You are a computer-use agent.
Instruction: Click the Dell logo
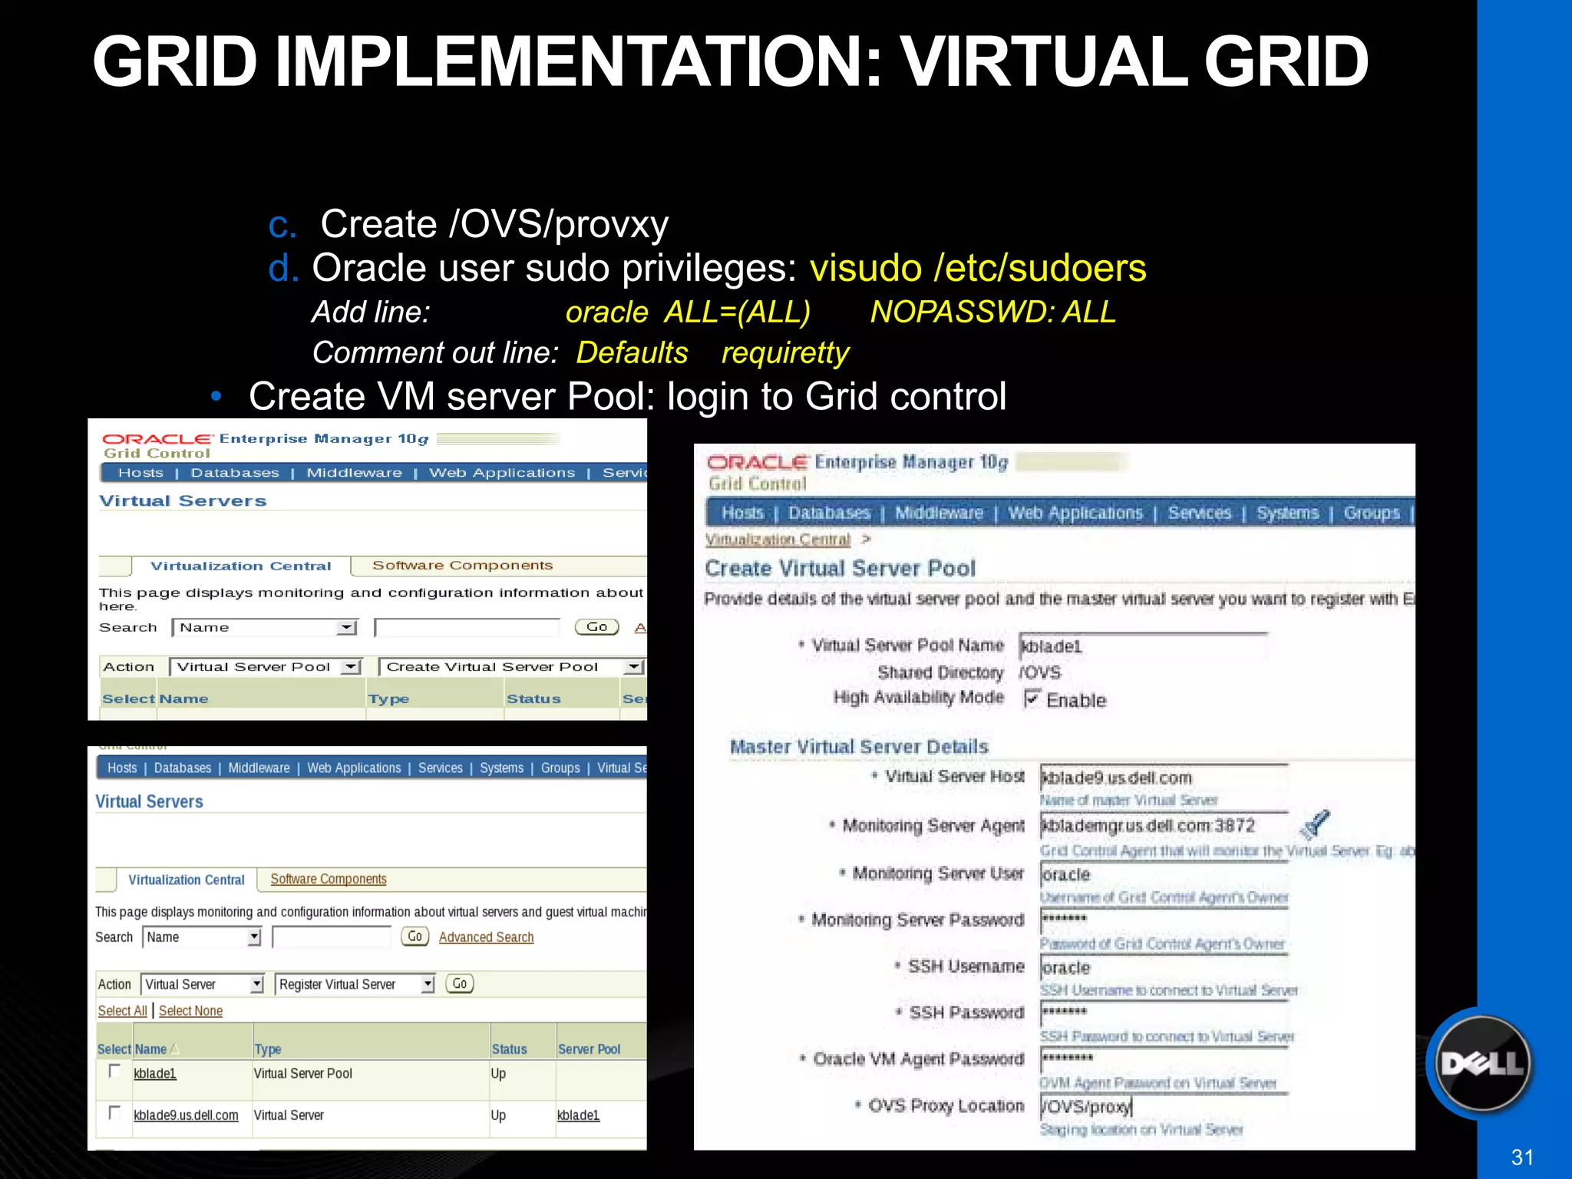[1481, 1064]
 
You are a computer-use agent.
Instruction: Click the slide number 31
[1521, 1158]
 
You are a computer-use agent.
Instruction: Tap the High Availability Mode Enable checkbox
[1032, 698]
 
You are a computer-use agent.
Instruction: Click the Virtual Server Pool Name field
[1142, 646]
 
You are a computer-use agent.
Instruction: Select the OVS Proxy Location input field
[1163, 1106]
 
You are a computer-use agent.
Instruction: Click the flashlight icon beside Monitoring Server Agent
[1315, 824]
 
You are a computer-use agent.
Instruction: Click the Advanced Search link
[486, 937]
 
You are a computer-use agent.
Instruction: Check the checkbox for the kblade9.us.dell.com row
[114, 1112]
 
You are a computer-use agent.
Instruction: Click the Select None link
[190, 1011]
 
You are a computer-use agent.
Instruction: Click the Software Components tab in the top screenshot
[462, 566]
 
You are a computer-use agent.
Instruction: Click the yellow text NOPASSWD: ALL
[992, 312]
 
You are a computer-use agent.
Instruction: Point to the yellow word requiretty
[784, 353]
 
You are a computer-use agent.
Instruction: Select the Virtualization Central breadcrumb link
[778, 540]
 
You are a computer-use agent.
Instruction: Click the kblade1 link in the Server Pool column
[578, 1115]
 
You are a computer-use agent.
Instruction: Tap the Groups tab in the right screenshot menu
[1371, 513]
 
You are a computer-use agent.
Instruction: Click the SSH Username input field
[1163, 967]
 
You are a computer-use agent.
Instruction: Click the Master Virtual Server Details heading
[858, 747]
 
